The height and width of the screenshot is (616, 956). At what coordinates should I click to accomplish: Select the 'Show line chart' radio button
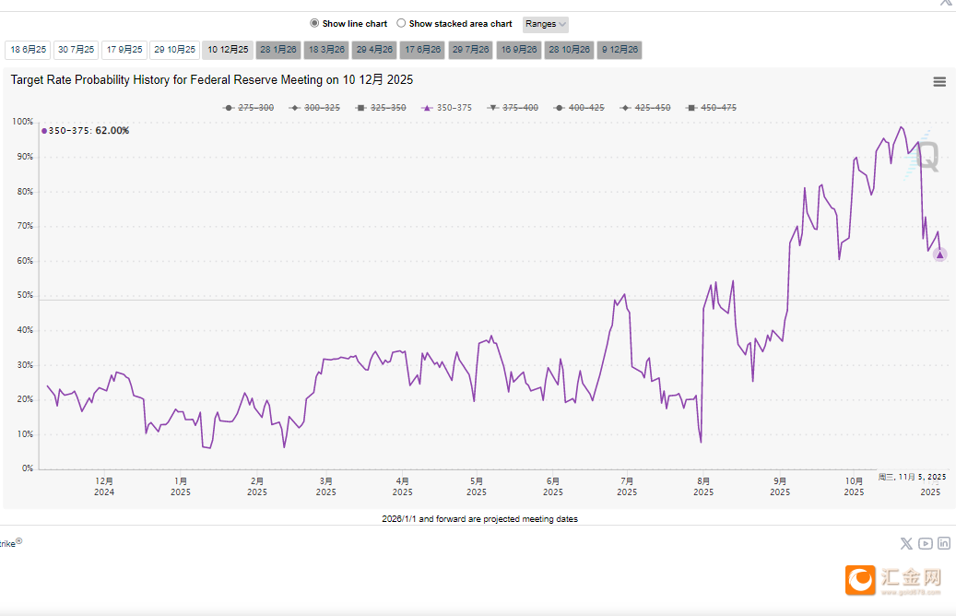pyautogui.click(x=314, y=24)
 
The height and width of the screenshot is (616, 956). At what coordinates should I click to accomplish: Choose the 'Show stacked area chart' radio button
pyautogui.click(x=401, y=24)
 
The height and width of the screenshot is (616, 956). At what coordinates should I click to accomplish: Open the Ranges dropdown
pyautogui.click(x=546, y=24)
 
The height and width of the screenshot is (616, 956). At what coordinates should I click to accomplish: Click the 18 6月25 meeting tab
pyautogui.click(x=28, y=50)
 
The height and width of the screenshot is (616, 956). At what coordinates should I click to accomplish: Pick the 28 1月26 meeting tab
pyautogui.click(x=278, y=50)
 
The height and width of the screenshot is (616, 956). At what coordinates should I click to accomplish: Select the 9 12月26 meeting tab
pyautogui.click(x=620, y=50)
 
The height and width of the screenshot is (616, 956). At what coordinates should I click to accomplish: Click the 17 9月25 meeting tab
pyautogui.click(x=124, y=50)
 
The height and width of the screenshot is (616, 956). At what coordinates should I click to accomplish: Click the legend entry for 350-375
pyautogui.click(x=447, y=108)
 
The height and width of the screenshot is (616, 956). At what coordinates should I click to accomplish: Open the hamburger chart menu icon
pyautogui.click(x=939, y=81)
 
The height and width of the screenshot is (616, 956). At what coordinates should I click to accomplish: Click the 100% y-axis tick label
pyautogui.click(x=22, y=122)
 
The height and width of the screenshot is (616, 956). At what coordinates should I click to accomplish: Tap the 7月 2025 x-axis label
pyautogui.click(x=627, y=486)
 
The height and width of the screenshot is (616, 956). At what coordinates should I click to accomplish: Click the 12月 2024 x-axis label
pyautogui.click(x=104, y=486)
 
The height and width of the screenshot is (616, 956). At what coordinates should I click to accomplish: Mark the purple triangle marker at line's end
pyautogui.click(x=939, y=255)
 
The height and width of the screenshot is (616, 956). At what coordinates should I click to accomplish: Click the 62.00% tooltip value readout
pyautogui.click(x=112, y=131)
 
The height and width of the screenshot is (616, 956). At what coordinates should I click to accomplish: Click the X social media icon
pyautogui.click(x=906, y=544)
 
